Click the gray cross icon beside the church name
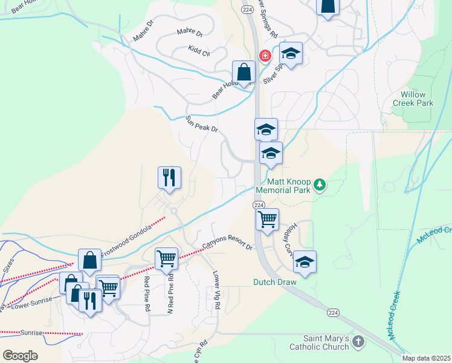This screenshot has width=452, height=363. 358,342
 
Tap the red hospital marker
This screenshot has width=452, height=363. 265,56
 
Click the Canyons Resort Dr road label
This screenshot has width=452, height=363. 227,243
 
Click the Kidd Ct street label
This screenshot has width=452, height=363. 199,51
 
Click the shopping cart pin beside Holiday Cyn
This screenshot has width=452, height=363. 267,220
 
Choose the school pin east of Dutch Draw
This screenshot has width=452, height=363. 305,262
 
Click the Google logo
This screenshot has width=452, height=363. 20,355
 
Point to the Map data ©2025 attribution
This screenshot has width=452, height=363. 427,358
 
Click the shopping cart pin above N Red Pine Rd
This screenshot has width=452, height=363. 166,258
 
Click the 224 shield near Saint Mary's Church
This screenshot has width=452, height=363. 332,312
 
